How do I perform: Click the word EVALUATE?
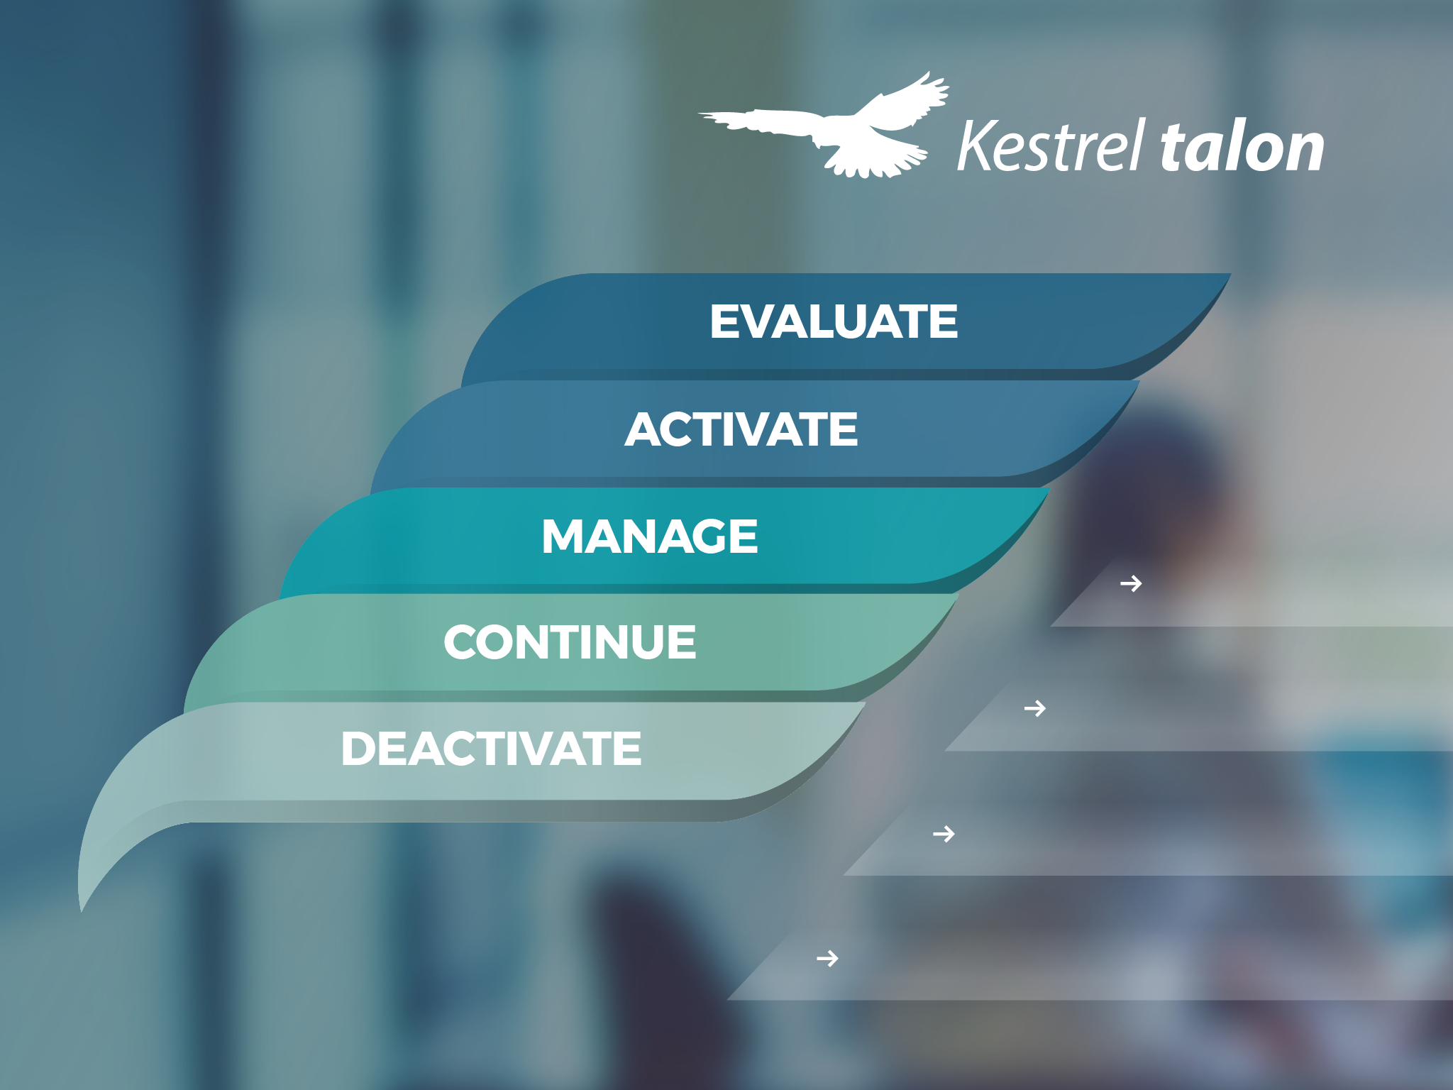pyautogui.click(x=834, y=321)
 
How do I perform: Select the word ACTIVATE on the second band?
pyautogui.click(x=741, y=429)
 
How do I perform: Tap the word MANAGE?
pyautogui.click(x=650, y=536)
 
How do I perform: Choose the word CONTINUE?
pyautogui.click(x=570, y=642)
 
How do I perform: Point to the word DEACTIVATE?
pyautogui.click(x=491, y=749)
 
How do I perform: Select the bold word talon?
pyautogui.click(x=1242, y=147)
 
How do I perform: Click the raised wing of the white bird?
pyautogui.click(x=905, y=103)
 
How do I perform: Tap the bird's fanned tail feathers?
pyautogui.click(x=876, y=160)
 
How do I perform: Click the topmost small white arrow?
pyautogui.click(x=1131, y=583)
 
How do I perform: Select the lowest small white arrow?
pyautogui.click(x=827, y=959)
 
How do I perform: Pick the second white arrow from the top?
pyautogui.click(x=1035, y=708)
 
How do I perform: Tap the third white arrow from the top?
pyautogui.click(x=944, y=833)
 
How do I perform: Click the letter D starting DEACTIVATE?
pyautogui.click(x=360, y=749)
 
